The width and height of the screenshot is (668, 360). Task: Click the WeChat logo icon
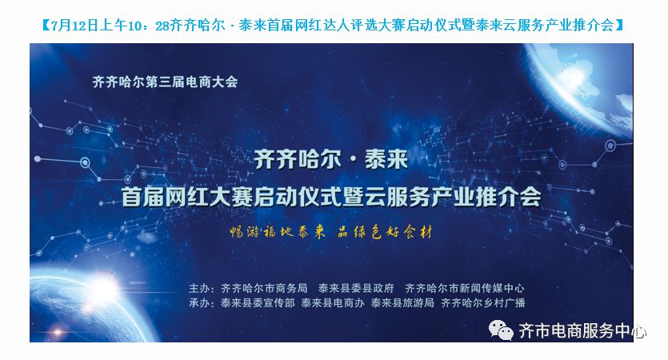pos(501,330)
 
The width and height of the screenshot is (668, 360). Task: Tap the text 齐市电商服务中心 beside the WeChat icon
pos(582,331)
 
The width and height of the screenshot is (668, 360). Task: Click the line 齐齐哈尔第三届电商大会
pos(165,82)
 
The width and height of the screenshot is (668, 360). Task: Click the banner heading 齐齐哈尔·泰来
pos(330,159)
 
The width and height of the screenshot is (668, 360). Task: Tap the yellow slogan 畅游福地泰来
pos(278,232)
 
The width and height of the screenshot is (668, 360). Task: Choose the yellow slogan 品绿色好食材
pos(385,232)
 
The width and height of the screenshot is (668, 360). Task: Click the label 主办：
pos(202,289)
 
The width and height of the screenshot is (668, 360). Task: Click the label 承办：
pos(202,303)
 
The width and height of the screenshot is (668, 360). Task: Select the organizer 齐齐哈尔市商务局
pos(264,289)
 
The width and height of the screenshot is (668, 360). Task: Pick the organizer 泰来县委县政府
pos(356,289)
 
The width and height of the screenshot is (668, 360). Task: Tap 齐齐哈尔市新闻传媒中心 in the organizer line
pos(465,289)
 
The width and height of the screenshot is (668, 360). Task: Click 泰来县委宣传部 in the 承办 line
pos(258,303)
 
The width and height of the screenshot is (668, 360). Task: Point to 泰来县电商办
pos(333,303)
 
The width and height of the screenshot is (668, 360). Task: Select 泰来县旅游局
pos(402,303)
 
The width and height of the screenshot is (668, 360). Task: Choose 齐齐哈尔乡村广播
pos(483,303)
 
